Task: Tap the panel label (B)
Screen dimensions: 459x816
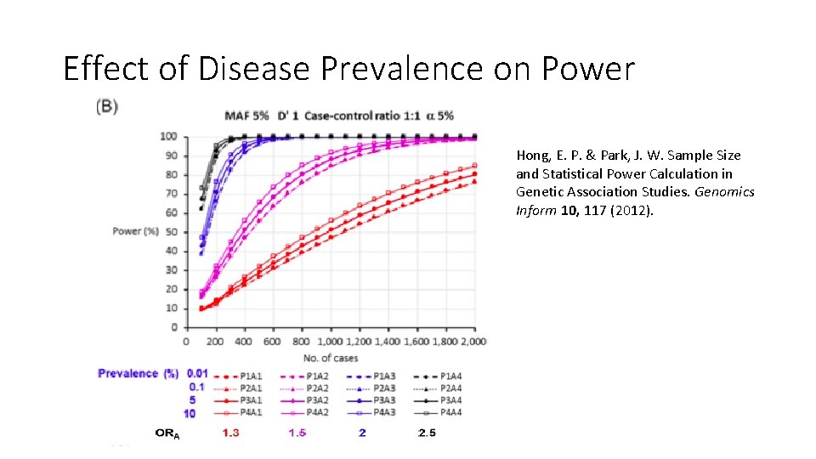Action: [x=106, y=106]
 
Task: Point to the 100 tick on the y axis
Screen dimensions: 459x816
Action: [x=168, y=137]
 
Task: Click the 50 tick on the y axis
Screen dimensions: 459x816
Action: [x=171, y=232]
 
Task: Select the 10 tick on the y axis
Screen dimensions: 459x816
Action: [x=171, y=309]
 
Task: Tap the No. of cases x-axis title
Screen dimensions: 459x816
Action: [x=330, y=358]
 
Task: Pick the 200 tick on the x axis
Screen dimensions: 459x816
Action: [x=215, y=342]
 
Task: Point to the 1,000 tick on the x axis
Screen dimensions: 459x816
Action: [x=329, y=342]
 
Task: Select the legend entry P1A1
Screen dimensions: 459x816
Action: [x=252, y=375]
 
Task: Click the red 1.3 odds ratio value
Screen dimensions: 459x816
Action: [x=230, y=433]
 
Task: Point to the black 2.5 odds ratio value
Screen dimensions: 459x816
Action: [x=428, y=433]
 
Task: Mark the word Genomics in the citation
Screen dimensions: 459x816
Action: [x=724, y=192]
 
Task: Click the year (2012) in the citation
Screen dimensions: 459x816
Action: [x=629, y=210]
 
